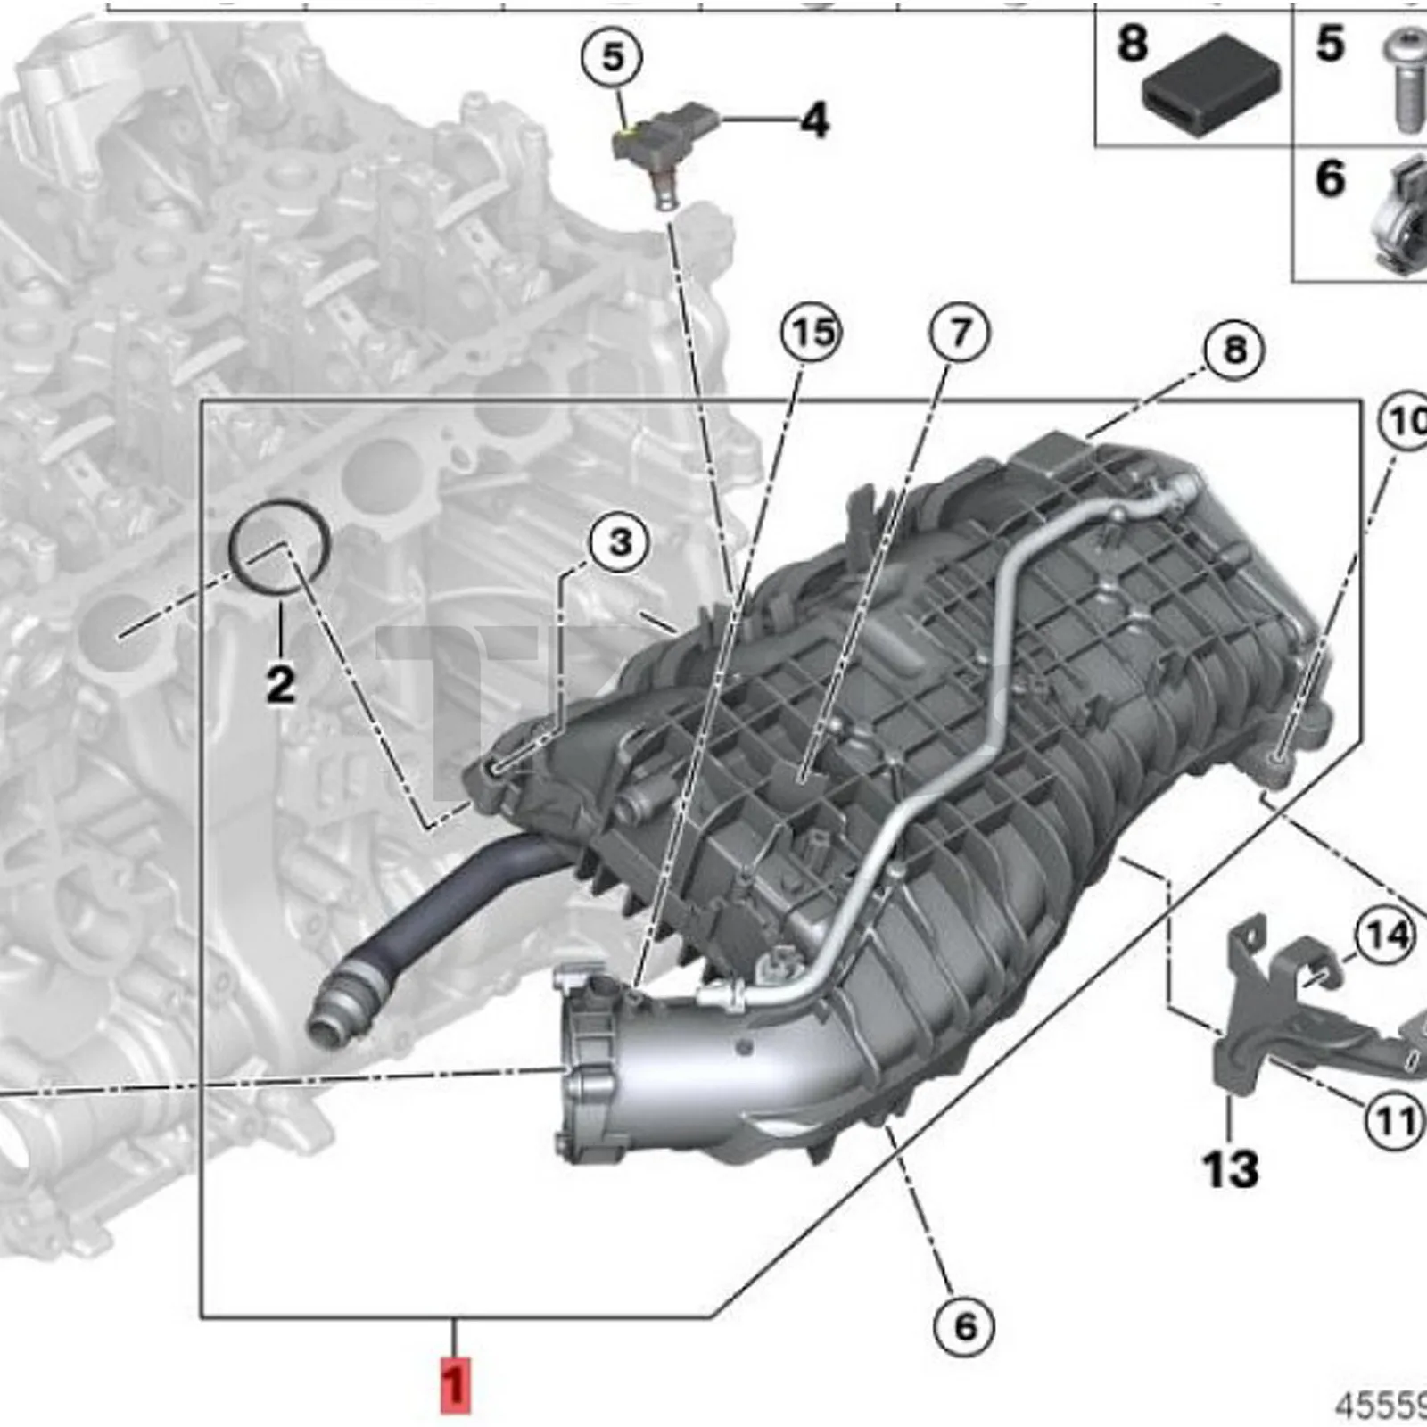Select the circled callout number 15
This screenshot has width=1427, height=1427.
[810, 333]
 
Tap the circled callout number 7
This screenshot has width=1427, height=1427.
[959, 333]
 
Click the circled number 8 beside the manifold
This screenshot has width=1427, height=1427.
[1233, 349]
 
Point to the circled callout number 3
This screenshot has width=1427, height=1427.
[619, 541]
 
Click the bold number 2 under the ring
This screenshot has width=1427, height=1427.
[280, 684]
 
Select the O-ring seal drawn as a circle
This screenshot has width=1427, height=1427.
[280, 547]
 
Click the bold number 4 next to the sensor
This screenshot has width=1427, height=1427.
[813, 120]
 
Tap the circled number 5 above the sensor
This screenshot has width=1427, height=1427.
[612, 58]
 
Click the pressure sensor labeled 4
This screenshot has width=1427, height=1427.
[660, 147]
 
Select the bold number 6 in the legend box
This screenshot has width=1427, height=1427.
[1330, 178]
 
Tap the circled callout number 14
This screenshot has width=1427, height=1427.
[1383, 936]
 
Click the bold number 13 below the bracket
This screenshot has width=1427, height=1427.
[1230, 1169]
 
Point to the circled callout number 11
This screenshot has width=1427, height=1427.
[1394, 1120]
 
